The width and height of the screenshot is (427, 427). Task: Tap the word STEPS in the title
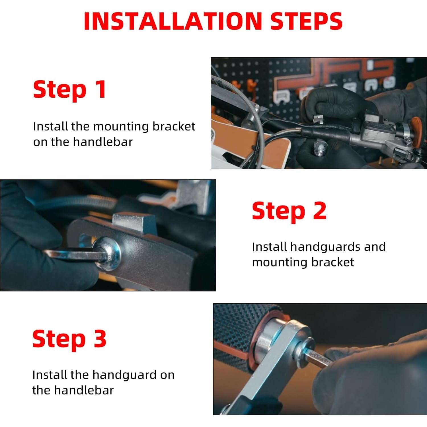point(306,21)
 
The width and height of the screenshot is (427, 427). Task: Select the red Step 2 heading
point(289,211)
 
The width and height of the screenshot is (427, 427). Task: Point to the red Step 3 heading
point(69,339)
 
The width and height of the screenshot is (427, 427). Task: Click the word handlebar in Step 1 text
point(103,142)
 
